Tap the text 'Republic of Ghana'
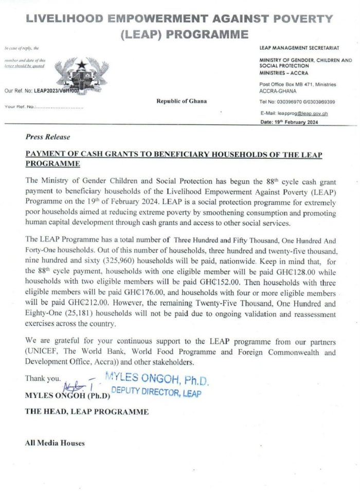182,101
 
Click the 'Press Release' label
47,137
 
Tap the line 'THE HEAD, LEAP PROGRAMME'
87,412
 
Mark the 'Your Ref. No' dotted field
44,106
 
